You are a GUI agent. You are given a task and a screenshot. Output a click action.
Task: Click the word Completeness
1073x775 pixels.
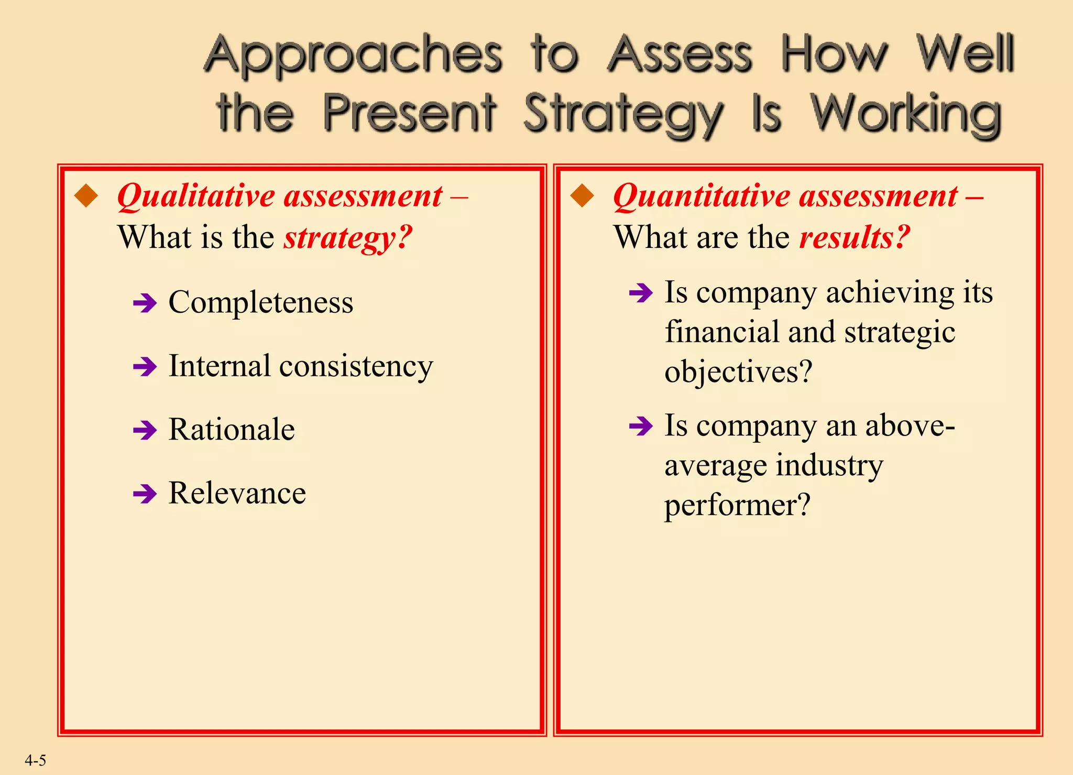tap(261, 302)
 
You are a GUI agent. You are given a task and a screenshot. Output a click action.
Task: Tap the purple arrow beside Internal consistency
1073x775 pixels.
tap(145, 366)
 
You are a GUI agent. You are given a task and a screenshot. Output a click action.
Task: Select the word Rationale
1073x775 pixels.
tap(232, 430)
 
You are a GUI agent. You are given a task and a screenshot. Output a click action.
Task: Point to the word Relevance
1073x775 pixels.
tap(237, 493)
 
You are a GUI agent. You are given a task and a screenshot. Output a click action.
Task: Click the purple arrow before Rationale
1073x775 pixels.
tap(145, 430)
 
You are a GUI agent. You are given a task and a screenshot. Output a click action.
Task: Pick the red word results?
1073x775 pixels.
tap(855, 237)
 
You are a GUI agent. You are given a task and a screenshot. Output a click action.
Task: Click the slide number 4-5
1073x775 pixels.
tap(35, 760)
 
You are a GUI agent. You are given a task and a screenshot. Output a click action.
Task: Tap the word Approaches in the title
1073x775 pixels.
tap(353, 56)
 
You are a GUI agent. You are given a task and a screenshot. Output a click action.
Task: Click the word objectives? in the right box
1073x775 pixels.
tap(738, 372)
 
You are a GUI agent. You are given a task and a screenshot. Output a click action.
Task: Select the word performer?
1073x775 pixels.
tap(737, 505)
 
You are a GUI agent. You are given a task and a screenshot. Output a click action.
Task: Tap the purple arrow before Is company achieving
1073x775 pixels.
tap(641, 292)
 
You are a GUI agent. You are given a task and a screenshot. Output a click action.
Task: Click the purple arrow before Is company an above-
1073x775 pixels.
tap(641, 425)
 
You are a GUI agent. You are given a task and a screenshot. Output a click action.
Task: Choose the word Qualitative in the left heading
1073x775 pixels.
tap(196, 197)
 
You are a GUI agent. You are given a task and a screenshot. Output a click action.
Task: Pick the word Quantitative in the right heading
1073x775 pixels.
tap(699, 197)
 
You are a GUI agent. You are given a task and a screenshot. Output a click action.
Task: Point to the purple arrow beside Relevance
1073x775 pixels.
tap(145, 494)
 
